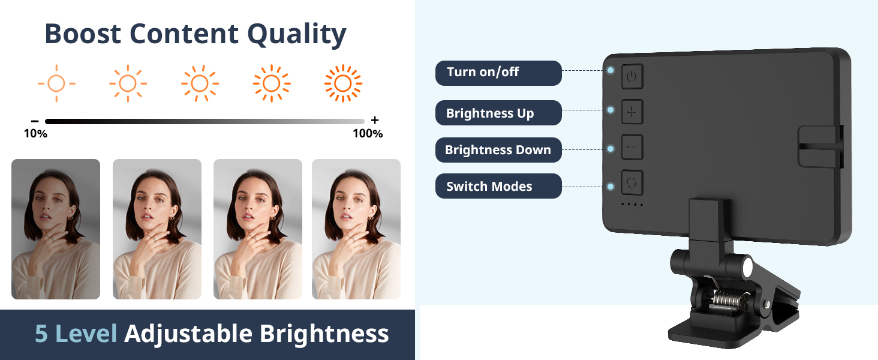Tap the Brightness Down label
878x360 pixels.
click(498, 150)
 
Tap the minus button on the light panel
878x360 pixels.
click(632, 147)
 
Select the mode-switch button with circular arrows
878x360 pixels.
click(632, 183)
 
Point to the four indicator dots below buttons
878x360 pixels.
click(632, 205)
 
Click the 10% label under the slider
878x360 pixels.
click(35, 134)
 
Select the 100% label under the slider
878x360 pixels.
click(367, 134)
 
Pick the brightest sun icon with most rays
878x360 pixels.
click(343, 83)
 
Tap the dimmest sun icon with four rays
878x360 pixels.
click(56, 83)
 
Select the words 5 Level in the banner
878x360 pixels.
click(76, 334)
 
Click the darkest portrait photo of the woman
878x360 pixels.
click(56, 229)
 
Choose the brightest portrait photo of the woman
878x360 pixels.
click(356, 229)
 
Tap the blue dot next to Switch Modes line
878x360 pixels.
click(611, 187)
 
